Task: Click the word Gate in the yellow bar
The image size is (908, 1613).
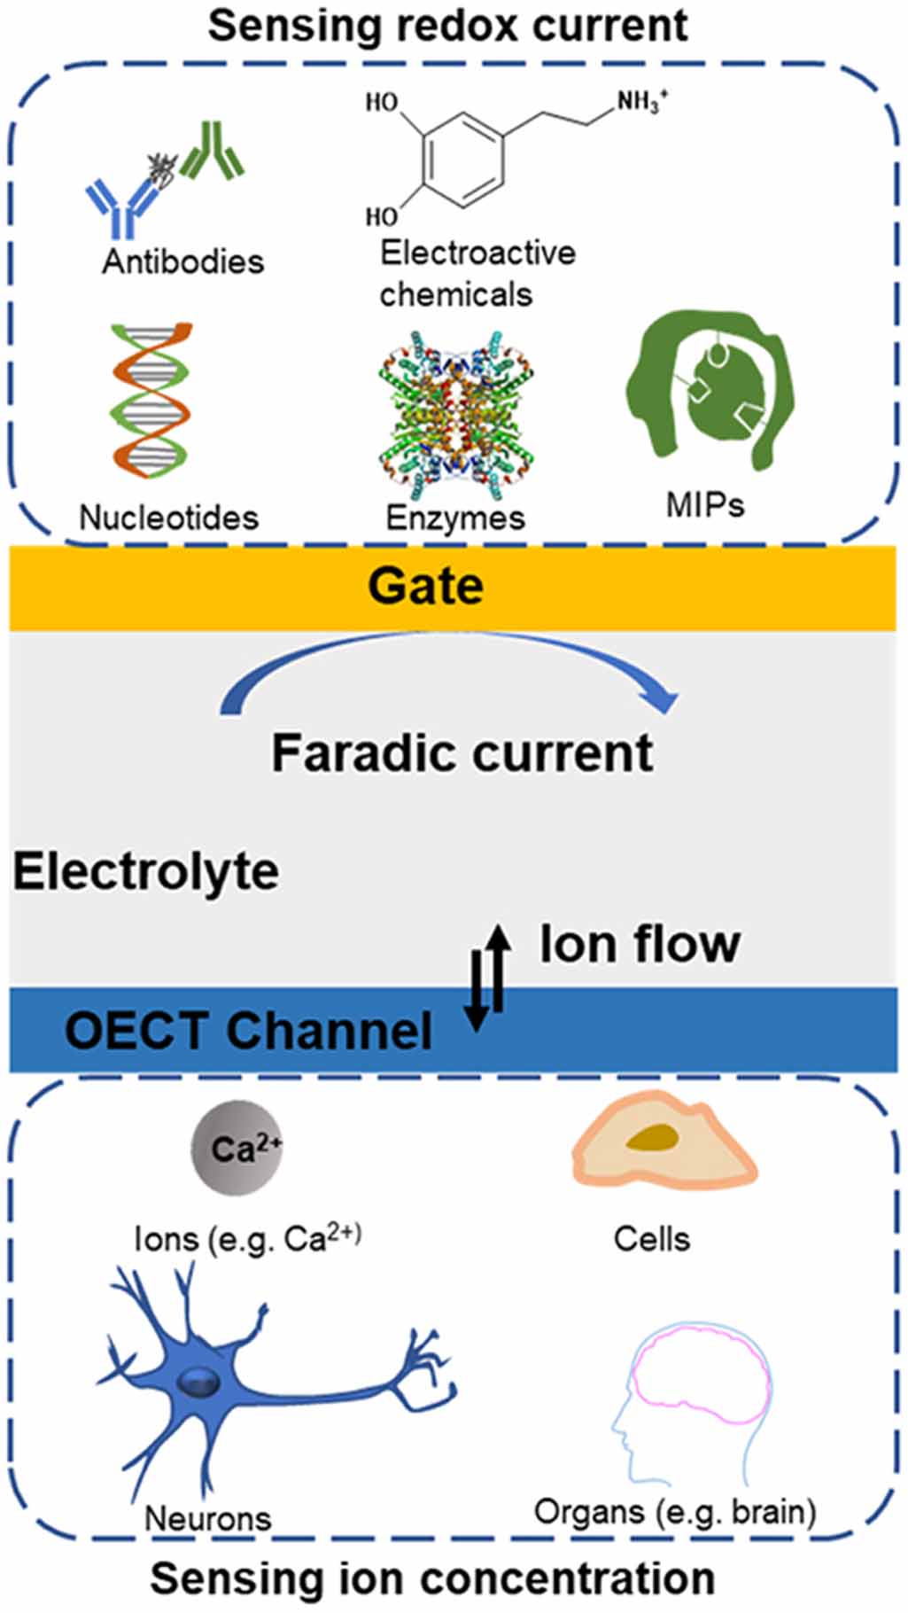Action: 425,587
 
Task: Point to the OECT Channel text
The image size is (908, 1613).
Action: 248,1031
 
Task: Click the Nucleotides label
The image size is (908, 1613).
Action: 168,518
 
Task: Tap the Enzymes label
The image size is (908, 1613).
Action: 455,518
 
